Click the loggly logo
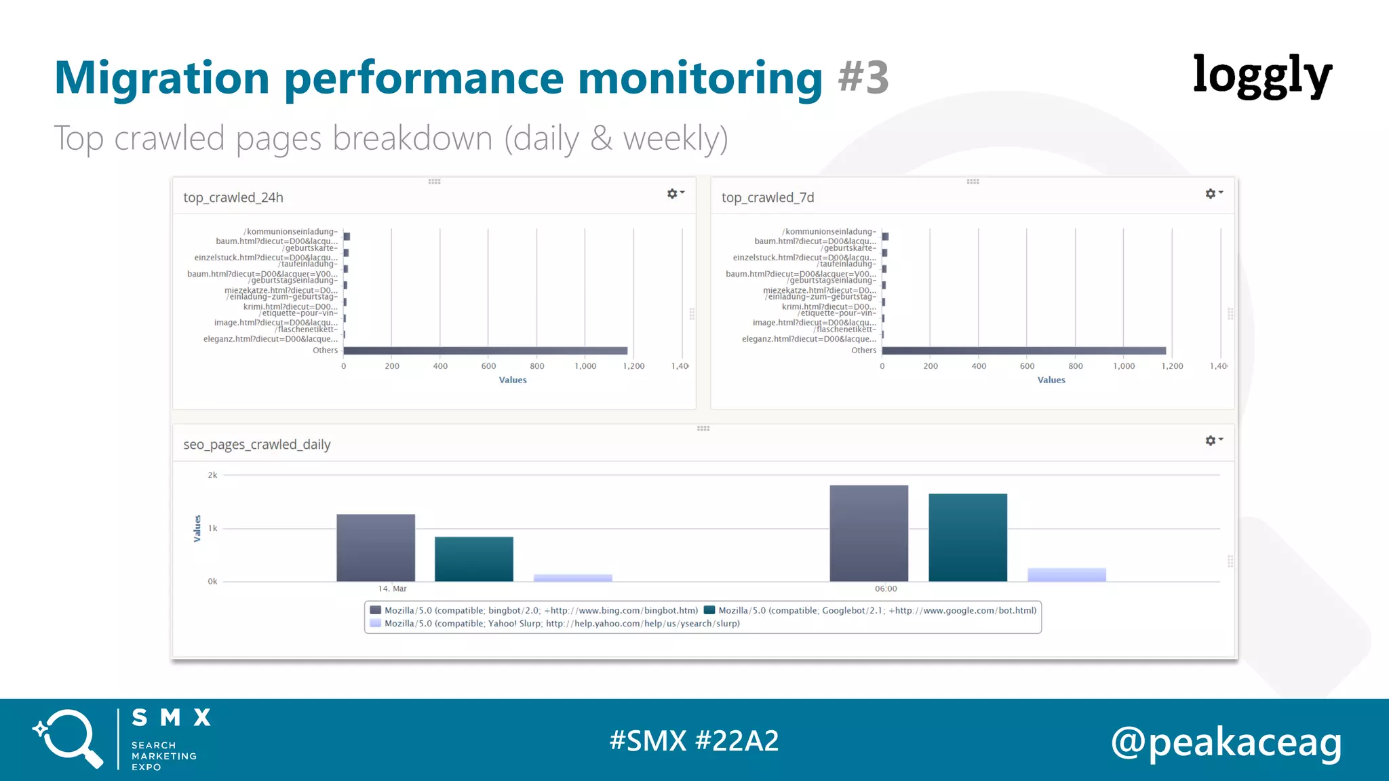(1262, 76)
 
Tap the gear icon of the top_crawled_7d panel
(1211, 194)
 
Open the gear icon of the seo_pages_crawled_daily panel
(1211, 441)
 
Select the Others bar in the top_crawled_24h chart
(485, 351)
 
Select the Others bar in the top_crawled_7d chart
(1023, 351)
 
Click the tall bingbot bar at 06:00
(869, 533)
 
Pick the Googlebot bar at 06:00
(968, 537)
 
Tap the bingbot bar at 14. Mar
(376, 547)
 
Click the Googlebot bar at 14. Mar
(474, 559)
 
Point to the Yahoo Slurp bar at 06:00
(1067, 574)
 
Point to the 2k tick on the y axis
(212, 475)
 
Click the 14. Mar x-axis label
(392, 588)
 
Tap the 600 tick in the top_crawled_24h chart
(488, 366)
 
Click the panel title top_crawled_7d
(768, 197)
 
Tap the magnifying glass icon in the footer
(68, 738)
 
